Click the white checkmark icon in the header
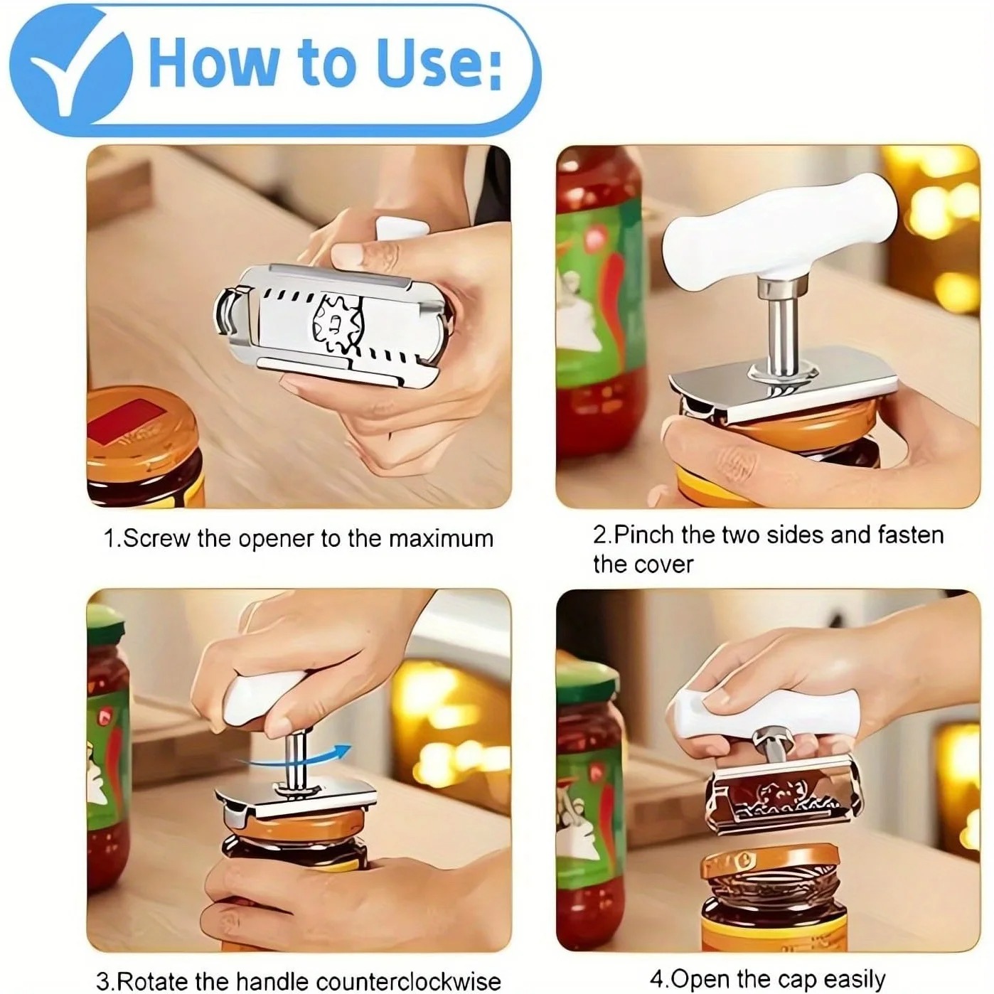(78, 73)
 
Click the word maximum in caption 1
(441, 538)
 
